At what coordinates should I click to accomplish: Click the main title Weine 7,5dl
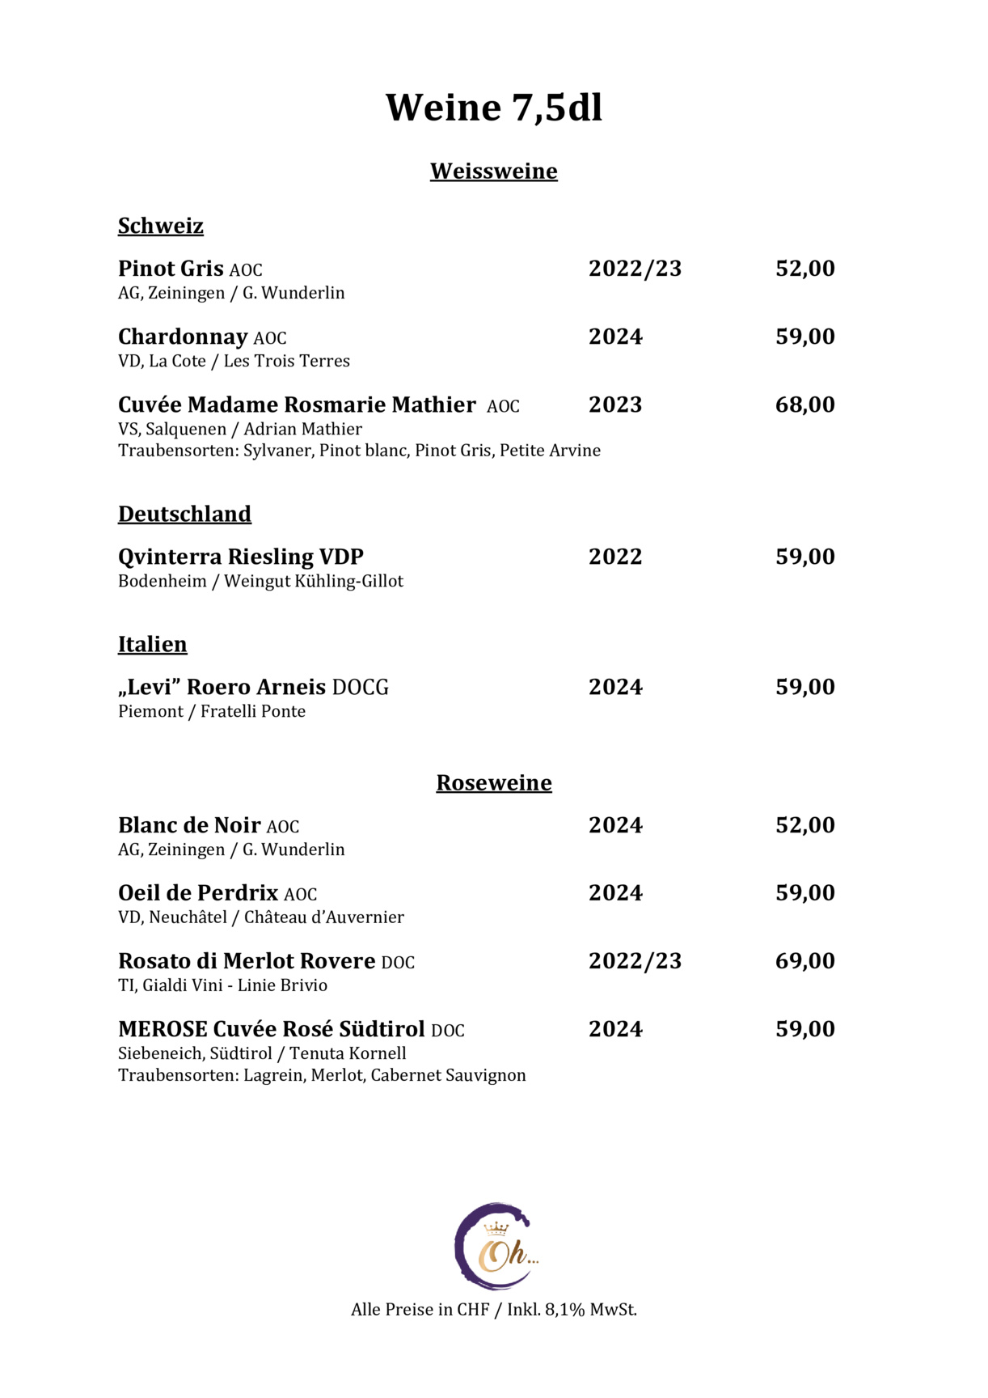pos(493,108)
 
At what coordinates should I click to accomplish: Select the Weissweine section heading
pos(493,172)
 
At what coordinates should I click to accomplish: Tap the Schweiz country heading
pos(160,226)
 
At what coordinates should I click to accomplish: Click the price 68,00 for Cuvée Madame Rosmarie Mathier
pos(804,405)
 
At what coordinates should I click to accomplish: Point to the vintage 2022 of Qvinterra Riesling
pos(615,557)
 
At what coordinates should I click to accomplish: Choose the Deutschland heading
pos(184,515)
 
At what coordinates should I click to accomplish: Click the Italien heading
pos(152,645)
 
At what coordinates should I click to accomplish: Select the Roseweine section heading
pos(493,783)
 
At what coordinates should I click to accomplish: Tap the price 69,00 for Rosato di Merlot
pos(804,961)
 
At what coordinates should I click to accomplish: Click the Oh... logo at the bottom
pos(495,1247)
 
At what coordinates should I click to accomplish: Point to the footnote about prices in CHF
pos(493,1310)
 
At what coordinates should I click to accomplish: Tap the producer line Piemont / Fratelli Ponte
pos(212,712)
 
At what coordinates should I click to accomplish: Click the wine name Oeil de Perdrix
pos(198,893)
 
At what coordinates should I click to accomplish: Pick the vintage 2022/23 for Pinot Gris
pos(635,269)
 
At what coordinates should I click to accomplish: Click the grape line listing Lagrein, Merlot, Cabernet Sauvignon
pos(322,1075)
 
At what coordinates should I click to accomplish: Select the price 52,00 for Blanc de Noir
pos(804,825)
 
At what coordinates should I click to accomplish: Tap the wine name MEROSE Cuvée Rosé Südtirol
pos(271,1029)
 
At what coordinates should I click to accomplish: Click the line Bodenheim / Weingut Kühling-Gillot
pos(260,582)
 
